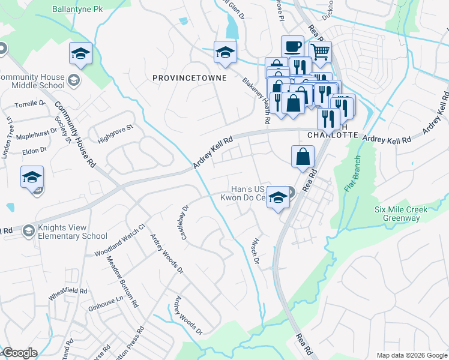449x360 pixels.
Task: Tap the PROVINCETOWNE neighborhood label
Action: click(189, 78)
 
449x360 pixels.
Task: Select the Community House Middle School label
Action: click(32, 81)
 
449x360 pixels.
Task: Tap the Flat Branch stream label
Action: click(352, 174)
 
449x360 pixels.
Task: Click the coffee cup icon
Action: click(293, 46)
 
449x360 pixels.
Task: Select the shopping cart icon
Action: click(320, 52)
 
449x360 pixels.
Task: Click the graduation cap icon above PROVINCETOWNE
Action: click(224, 52)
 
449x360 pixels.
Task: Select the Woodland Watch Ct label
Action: click(120, 241)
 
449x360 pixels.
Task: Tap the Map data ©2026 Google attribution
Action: click(412, 355)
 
